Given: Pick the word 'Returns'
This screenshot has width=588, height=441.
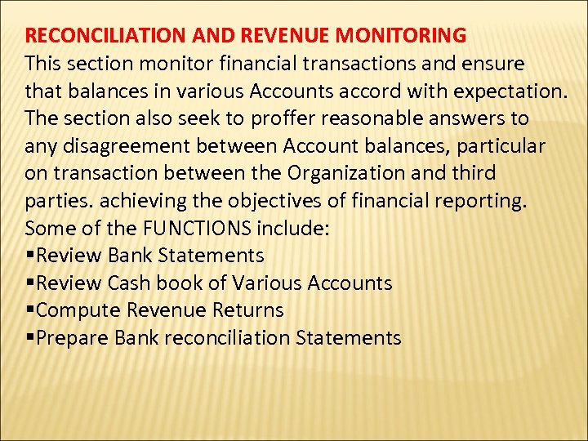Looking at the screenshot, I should coord(247,310).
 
